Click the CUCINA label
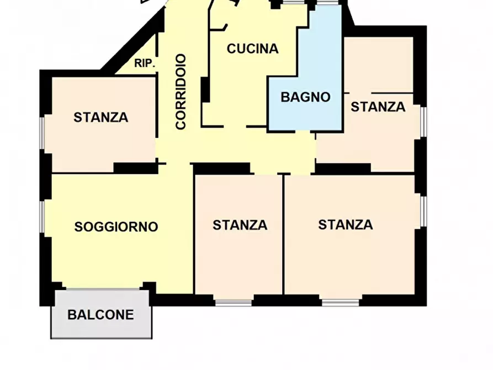(252, 49)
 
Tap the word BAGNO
(306, 97)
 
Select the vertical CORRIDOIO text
(181, 92)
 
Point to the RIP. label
(145, 64)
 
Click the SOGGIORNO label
(116, 227)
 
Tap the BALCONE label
(100, 315)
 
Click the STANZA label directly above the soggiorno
(101, 118)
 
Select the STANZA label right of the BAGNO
(378, 107)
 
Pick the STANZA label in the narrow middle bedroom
(240, 225)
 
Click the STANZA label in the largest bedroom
(346, 225)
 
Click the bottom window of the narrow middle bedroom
(234, 303)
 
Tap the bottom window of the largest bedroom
(341, 303)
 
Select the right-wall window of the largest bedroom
(424, 211)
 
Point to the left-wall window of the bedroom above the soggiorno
(42, 134)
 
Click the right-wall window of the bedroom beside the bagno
(424, 121)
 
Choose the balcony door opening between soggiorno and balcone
(103, 288)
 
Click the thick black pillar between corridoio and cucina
(205, 89)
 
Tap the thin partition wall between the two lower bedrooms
(283, 235)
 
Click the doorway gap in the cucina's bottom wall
(235, 126)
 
